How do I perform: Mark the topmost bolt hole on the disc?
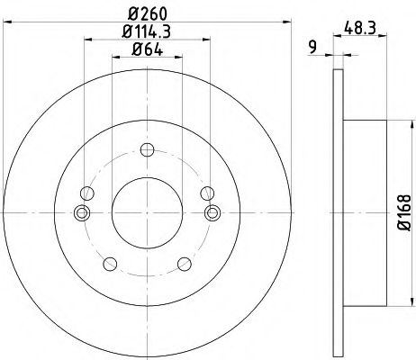tap(147, 150)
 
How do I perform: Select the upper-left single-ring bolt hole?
tap(86, 193)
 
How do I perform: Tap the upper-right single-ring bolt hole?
tap(207, 193)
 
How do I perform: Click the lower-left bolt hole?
tap(110, 263)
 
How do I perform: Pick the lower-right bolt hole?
tap(184, 263)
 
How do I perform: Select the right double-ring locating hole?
tap(213, 212)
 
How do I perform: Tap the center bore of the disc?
tap(147, 212)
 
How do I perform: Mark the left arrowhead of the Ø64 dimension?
tap(114, 57)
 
